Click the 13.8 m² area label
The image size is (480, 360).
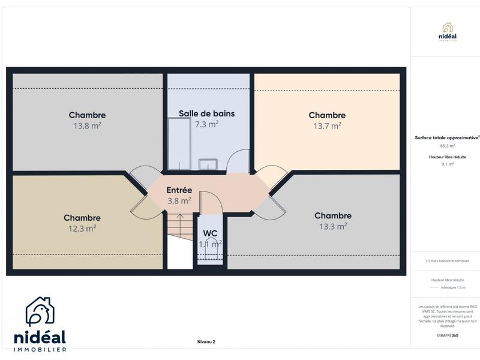tap(87, 126)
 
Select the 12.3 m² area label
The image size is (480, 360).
tap(82, 228)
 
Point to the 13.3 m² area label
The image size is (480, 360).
tap(333, 226)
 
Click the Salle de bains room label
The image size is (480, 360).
tap(206, 113)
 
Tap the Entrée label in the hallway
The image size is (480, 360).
tap(179, 190)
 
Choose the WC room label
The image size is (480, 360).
tap(210, 233)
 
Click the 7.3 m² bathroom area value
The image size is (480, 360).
tap(206, 124)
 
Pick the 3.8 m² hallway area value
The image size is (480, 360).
tap(179, 200)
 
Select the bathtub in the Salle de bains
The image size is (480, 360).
tap(177, 143)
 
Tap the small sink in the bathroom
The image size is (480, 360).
tap(208, 164)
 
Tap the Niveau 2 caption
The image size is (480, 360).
tap(206, 342)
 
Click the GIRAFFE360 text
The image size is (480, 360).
tap(447, 335)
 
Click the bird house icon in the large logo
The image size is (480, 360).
tap(40, 313)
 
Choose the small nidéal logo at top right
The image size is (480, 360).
tap(447, 31)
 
